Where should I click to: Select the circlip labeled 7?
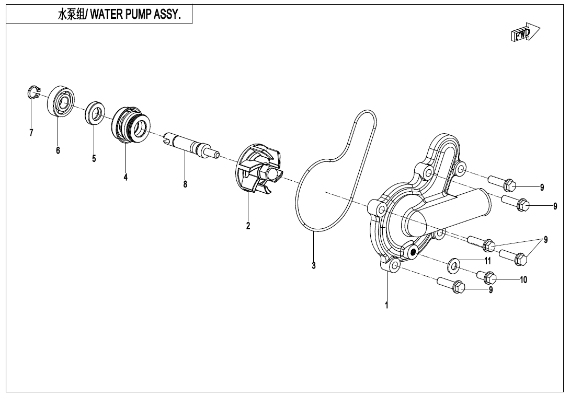point(33,93)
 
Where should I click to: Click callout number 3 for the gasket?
point(314,265)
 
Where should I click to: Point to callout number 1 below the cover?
point(386,305)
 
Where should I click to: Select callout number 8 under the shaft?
point(185,184)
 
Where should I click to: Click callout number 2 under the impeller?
point(248,226)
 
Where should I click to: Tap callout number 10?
point(523,279)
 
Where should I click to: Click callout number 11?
point(487,261)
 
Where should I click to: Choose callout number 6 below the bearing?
point(58,150)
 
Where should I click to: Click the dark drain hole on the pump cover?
point(413,253)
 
